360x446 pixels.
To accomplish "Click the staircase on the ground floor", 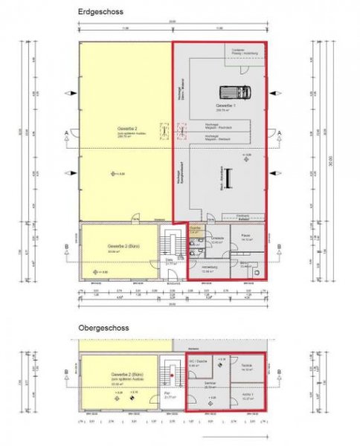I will click(173, 245).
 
